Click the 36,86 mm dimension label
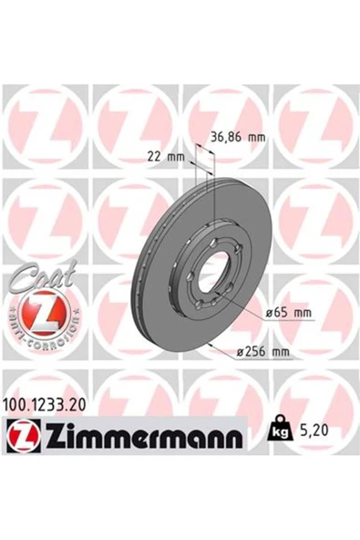point(238,138)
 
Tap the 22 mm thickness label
point(166,157)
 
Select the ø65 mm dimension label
point(289,313)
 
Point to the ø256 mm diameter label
point(263,352)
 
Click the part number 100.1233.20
point(44,404)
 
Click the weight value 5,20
point(314,431)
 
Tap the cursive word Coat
point(43,275)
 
